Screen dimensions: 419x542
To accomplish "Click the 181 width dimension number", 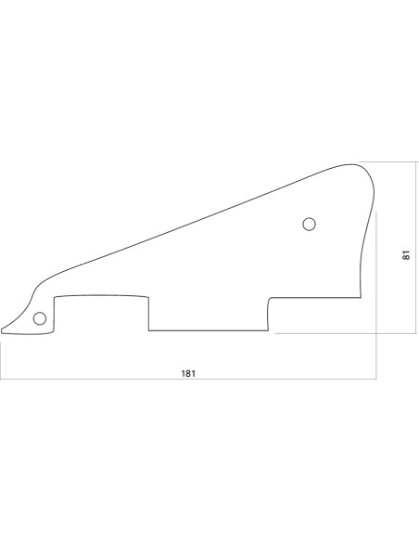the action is click(188, 374).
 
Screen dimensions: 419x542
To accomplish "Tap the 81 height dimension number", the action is click(406, 255).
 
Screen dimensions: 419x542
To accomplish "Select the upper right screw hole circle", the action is click(310, 224).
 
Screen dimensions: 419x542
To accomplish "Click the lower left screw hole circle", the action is click(40, 318).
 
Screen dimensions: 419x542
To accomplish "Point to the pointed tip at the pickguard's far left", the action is click(2, 330).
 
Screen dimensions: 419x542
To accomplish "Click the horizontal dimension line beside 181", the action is click(188, 380).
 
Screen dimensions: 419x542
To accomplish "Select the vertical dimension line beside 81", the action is click(416, 248).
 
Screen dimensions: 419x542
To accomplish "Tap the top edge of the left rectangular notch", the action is click(101, 296).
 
